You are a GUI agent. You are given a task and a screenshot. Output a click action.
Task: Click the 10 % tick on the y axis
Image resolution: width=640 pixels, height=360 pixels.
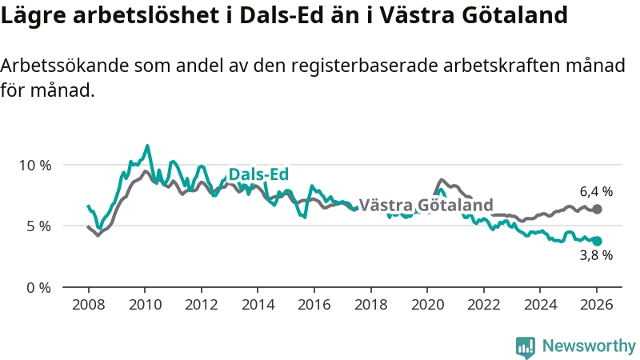[x=34, y=165]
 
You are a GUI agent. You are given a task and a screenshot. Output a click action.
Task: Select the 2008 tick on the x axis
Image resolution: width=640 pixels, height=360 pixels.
[x=88, y=305]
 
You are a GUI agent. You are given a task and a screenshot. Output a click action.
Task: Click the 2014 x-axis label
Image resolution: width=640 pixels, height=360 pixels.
[x=258, y=305]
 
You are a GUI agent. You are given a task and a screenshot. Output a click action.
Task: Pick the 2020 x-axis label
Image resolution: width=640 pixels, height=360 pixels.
[x=427, y=305]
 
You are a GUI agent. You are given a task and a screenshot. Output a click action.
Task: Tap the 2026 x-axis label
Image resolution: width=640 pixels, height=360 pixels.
[x=597, y=305]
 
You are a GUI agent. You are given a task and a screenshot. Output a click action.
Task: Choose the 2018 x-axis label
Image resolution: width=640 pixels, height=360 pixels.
[x=370, y=305]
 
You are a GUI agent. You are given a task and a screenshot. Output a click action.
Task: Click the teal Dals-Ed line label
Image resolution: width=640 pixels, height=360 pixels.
[x=258, y=175]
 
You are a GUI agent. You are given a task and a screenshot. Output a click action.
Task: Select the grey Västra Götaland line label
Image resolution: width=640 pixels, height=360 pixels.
[x=426, y=205]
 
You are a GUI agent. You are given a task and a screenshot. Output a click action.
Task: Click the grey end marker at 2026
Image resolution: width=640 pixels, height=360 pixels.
[x=597, y=209]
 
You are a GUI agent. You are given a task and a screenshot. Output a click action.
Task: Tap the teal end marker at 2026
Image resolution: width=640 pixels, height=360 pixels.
[x=597, y=241]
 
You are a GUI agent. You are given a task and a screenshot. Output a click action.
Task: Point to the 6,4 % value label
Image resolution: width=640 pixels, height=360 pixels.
[x=596, y=192]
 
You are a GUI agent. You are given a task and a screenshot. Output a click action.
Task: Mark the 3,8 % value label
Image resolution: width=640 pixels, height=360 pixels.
[x=596, y=255]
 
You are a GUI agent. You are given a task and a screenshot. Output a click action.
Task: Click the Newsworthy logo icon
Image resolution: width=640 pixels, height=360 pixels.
[x=526, y=346]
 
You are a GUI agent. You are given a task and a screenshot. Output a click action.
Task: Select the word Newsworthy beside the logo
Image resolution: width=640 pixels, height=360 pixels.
[x=589, y=346]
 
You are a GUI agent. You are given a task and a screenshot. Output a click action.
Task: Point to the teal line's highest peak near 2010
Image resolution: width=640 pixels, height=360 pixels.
[x=147, y=146]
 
